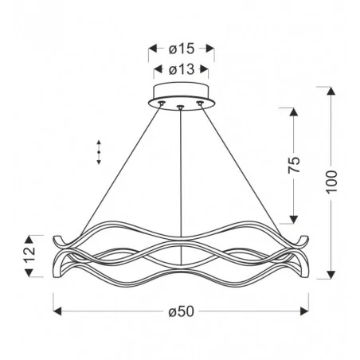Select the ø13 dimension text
[x=182, y=70]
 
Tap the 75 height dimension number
[x=294, y=166]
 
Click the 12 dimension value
[x=29, y=255]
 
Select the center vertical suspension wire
[x=182, y=175]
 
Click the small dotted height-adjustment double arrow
[x=98, y=151]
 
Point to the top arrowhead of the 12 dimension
[x=29, y=238]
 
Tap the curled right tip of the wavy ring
[x=304, y=240]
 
